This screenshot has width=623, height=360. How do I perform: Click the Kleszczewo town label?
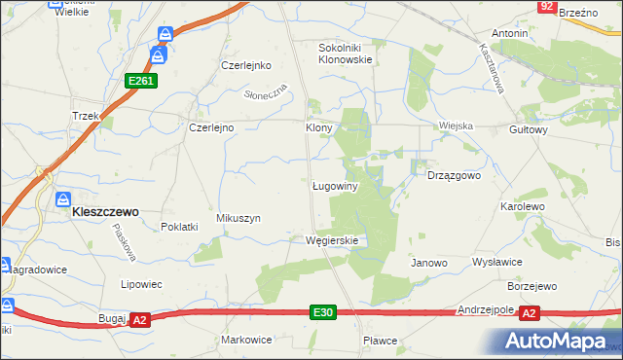click(x=105, y=210)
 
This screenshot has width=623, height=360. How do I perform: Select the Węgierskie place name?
click(x=332, y=240)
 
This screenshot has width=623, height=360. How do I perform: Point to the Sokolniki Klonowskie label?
click(x=347, y=53)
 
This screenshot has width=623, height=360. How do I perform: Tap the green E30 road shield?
click(x=325, y=312)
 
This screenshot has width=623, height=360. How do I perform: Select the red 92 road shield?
click(x=546, y=7)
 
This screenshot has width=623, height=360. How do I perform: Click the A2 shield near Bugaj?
click(x=139, y=319)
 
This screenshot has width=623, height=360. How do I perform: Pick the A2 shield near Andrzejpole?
click(x=529, y=313)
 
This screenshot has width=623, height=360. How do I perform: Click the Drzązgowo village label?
click(x=455, y=175)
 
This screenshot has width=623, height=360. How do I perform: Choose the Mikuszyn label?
click(x=238, y=219)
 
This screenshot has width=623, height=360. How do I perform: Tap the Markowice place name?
click(x=245, y=340)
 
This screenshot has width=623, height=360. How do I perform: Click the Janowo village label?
click(x=428, y=263)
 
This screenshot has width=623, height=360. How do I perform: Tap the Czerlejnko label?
click(x=244, y=66)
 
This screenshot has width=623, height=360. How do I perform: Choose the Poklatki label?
click(x=179, y=226)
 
